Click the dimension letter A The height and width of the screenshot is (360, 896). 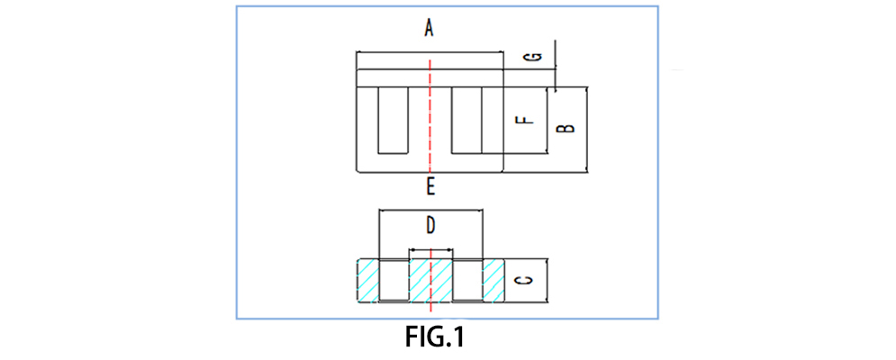430,29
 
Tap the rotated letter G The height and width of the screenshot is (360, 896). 534,58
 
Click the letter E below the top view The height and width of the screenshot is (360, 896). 430,187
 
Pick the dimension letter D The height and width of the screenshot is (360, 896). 430,226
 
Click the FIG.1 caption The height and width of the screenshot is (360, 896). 434,338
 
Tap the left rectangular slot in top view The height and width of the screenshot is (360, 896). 392,119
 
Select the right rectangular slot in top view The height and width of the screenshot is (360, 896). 466,119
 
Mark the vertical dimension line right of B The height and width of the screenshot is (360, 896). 587,129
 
